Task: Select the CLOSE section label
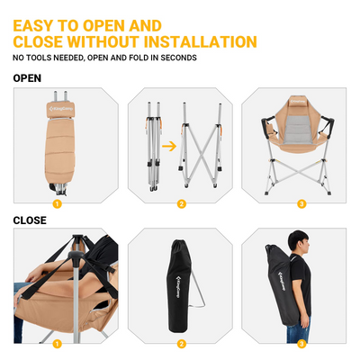(30, 219)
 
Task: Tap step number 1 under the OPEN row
(58, 204)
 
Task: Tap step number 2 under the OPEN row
(180, 204)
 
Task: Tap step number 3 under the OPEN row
(301, 204)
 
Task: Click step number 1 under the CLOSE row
(58, 344)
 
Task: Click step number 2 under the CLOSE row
(180, 344)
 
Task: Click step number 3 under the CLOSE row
(301, 344)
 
